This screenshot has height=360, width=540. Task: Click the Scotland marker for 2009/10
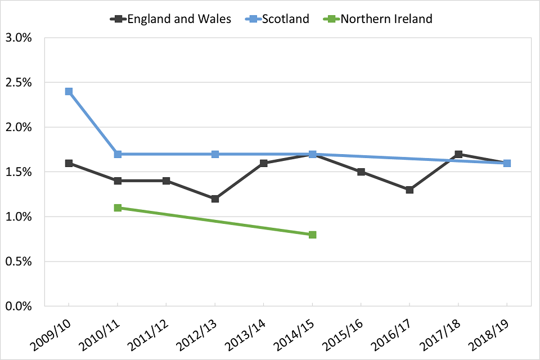pos(69,91)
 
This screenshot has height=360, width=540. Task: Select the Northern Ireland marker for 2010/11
pos(118,208)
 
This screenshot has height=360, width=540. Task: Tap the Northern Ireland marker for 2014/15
pos(312,235)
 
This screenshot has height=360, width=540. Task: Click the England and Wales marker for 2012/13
pos(215,199)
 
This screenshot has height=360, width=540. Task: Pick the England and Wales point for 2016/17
pos(409,190)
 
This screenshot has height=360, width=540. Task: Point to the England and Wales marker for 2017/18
pos(458,154)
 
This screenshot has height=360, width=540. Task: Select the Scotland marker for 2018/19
pos(507,163)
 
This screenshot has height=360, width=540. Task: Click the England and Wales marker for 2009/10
pos(69,163)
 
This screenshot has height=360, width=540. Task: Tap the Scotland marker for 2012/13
pos(215,154)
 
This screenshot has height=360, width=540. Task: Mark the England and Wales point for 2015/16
pos(361,172)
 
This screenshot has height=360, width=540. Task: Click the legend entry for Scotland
pos(280,19)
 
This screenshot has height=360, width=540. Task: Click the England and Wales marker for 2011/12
pos(166,181)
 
